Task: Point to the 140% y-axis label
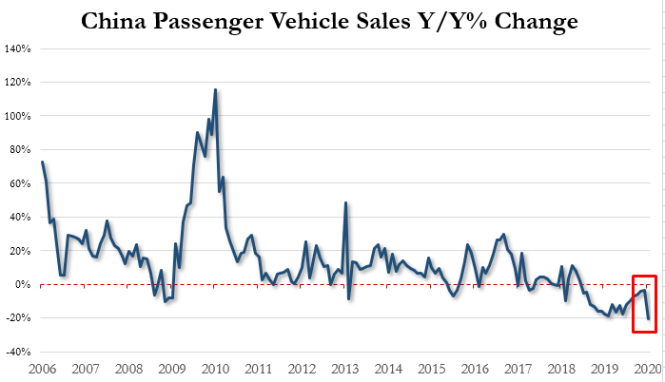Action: click(18, 48)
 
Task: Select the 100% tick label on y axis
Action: click(18, 116)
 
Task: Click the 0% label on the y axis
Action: click(23, 284)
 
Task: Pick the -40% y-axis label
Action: click(18, 352)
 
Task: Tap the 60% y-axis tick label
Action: click(20, 183)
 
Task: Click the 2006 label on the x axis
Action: click(43, 367)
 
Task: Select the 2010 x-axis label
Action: click(215, 367)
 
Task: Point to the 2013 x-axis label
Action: click(344, 367)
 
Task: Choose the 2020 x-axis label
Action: click(648, 367)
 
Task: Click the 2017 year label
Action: click(518, 367)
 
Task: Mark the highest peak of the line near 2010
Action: click(215, 90)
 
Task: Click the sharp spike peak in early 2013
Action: click(345, 202)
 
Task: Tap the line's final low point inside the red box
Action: click(649, 319)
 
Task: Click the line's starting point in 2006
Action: click(43, 162)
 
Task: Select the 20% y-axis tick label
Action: click(20, 251)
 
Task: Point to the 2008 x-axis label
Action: click(128, 367)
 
